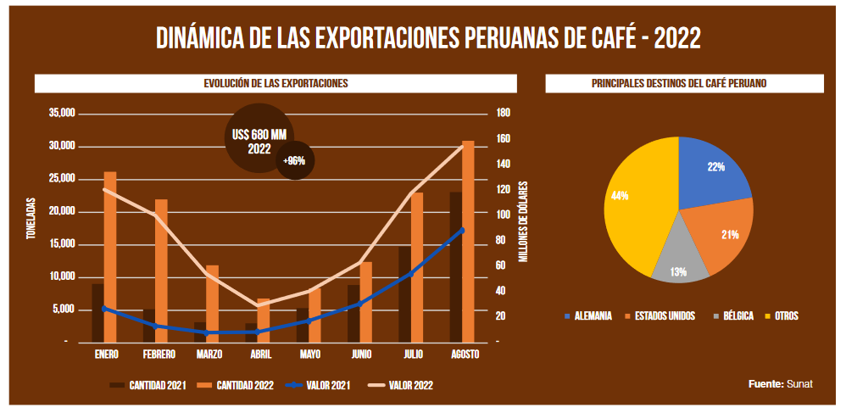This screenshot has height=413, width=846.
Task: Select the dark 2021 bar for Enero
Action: click(x=97, y=314)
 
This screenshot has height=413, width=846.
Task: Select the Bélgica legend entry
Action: click(x=735, y=316)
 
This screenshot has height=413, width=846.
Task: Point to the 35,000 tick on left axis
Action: click(x=63, y=114)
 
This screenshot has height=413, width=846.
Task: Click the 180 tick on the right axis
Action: click(x=503, y=114)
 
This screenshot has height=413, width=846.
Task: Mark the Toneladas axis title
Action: click(x=31, y=219)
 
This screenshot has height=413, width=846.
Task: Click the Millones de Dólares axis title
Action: click(x=524, y=220)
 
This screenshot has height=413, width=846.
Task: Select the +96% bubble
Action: click(x=295, y=161)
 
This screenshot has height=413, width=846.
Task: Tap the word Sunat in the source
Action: click(x=799, y=384)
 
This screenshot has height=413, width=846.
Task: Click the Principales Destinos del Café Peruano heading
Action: click(x=684, y=83)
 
